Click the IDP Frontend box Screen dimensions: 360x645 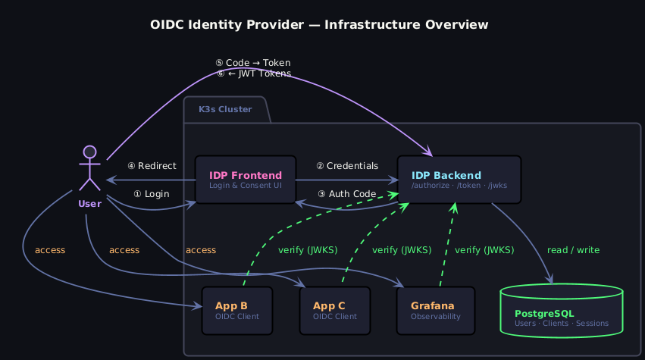[245, 180]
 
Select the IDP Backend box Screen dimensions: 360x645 [459, 180]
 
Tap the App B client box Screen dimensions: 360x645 [237, 311]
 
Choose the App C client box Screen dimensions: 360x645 [334, 311]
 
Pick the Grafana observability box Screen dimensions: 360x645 [436, 311]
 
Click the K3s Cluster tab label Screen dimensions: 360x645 [225, 110]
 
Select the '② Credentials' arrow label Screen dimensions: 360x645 [346, 166]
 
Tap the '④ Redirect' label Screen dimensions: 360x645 [152, 166]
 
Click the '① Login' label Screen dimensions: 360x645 [151, 194]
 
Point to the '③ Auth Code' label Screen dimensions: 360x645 [346, 194]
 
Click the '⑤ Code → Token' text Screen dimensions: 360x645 [253, 63]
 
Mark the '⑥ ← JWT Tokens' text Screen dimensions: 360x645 [253, 74]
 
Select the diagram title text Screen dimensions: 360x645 [319, 25]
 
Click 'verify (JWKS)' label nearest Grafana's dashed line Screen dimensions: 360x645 [484, 250]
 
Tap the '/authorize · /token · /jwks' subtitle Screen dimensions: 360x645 [459, 185]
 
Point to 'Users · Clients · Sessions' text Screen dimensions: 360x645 [562, 324]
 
